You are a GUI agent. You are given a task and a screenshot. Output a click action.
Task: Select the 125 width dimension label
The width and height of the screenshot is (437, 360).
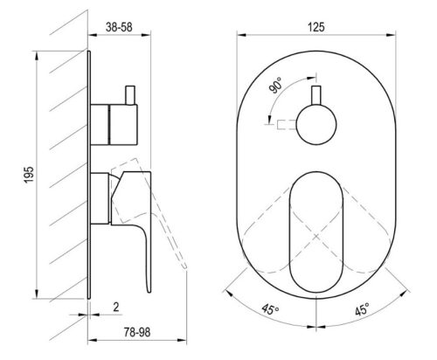tap(316, 27)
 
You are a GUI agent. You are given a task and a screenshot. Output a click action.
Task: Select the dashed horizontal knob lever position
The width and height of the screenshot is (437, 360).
tap(284, 124)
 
